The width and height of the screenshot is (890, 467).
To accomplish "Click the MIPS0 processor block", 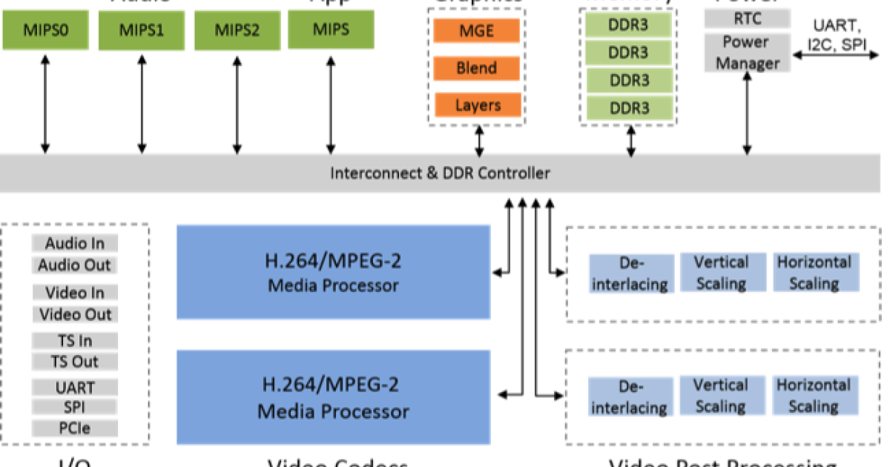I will click(x=45, y=30).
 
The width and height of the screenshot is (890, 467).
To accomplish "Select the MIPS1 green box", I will click(x=141, y=31).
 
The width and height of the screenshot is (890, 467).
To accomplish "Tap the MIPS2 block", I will click(x=237, y=31).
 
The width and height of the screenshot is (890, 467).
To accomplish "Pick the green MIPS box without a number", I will click(x=331, y=30).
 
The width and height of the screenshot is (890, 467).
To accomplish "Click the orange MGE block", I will click(x=476, y=31).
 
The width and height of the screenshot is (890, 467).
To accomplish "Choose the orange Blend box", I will click(x=476, y=68).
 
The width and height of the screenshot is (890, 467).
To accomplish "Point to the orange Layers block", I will click(x=478, y=105).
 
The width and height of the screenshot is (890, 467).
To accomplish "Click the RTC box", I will click(x=746, y=19).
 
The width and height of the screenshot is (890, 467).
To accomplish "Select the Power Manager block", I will click(x=746, y=53).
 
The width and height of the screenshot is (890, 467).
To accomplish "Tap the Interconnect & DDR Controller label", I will click(x=440, y=173).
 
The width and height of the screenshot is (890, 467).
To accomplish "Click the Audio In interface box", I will click(x=75, y=244).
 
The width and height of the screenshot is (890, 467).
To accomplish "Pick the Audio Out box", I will click(x=75, y=265).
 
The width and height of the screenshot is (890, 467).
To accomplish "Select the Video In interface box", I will click(x=75, y=293).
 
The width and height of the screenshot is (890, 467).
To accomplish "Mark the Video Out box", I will click(x=75, y=314).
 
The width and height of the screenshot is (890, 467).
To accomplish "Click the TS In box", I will click(x=75, y=341).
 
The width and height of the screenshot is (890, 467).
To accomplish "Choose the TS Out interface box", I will click(x=75, y=362).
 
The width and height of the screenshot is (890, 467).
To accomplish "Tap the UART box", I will click(x=75, y=388).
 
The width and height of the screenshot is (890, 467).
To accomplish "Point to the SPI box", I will click(x=75, y=408).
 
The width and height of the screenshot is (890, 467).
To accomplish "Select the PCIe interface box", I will click(x=75, y=428).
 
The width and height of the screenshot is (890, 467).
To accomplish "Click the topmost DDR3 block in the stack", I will click(x=628, y=24).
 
